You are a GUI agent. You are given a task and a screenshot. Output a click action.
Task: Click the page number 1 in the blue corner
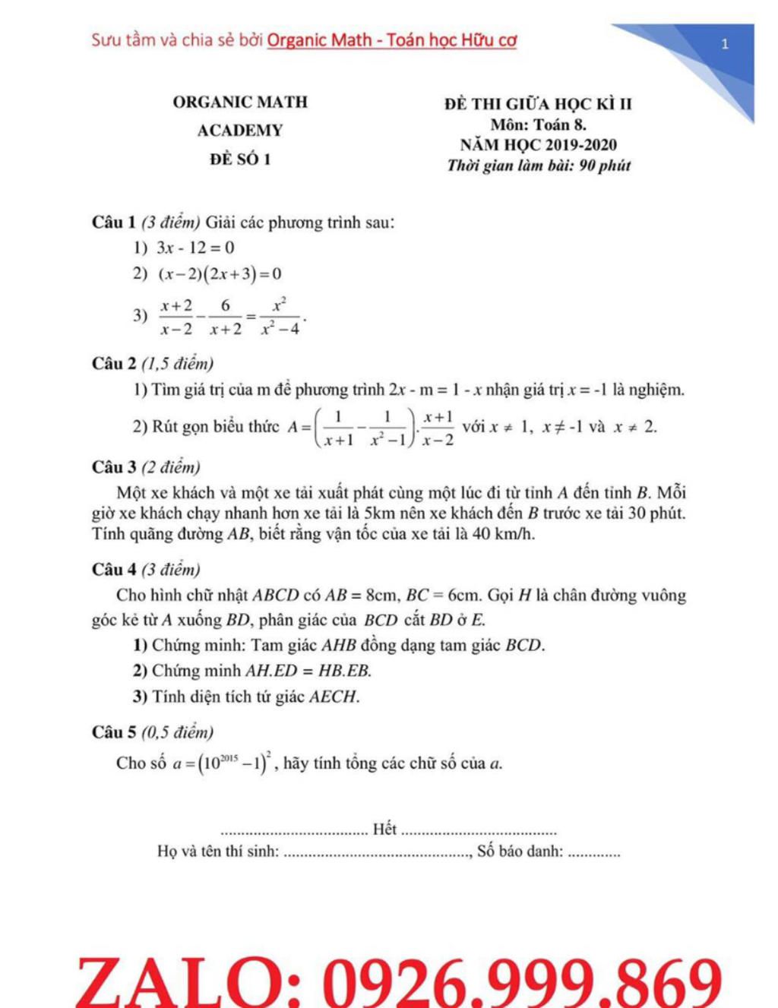pyautogui.click(x=725, y=44)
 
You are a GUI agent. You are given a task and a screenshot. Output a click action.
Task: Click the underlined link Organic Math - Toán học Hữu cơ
pyautogui.click(x=392, y=39)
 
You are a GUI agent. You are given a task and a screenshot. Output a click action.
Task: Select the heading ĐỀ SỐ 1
pyautogui.click(x=240, y=160)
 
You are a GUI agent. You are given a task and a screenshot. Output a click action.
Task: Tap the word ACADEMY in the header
pyautogui.click(x=240, y=131)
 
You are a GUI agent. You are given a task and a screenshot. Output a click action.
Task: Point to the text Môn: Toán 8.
pyautogui.click(x=538, y=125)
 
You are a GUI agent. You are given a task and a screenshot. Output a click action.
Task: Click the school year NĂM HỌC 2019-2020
pyautogui.click(x=538, y=145)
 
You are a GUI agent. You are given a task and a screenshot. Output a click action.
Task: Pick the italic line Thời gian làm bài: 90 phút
pyautogui.click(x=538, y=166)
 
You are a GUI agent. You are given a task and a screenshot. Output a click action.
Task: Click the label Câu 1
pyautogui.click(x=114, y=223)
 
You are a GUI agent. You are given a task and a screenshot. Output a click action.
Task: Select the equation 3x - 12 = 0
pyautogui.click(x=195, y=248)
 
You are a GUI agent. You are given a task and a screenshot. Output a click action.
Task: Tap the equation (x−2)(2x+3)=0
pyautogui.click(x=219, y=274)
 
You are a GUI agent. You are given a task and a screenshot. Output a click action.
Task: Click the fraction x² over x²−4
pyautogui.click(x=279, y=317)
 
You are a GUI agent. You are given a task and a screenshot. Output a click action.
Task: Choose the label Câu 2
pyautogui.click(x=114, y=364)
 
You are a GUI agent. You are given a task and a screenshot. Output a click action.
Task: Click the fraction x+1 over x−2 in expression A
pyautogui.click(x=438, y=428)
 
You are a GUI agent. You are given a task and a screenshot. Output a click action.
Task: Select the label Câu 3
pyautogui.click(x=114, y=467)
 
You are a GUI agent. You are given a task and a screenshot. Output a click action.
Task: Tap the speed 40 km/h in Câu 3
pyautogui.click(x=503, y=534)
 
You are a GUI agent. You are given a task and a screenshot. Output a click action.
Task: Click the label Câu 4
pyautogui.click(x=114, y=570)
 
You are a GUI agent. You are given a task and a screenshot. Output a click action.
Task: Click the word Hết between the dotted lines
pyautogui.click(x=385, y=829)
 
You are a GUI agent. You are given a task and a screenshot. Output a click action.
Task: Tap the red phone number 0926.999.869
pyautogui.click(x=523, y=983)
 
